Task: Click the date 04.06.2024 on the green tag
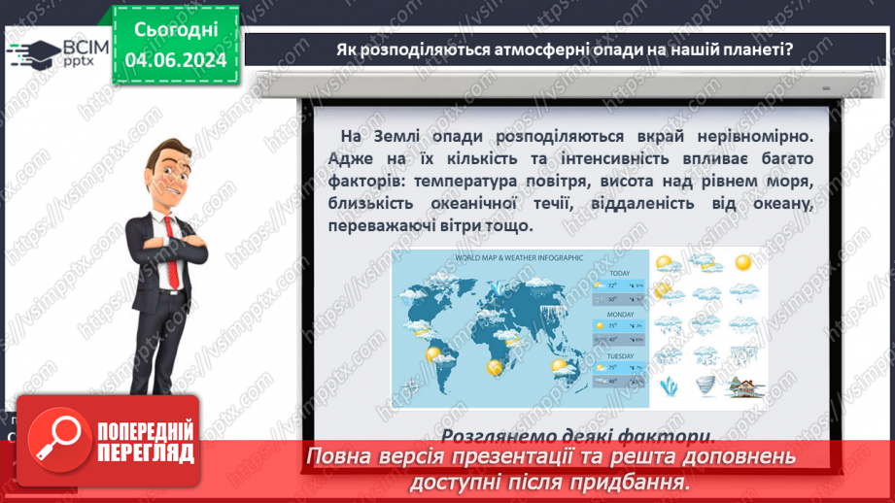click(176, 60)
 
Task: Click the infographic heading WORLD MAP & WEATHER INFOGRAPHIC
click(519, 257)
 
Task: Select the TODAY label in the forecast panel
click(620, 273)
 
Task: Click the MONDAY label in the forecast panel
click(621, 315)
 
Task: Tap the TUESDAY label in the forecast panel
click(621, 356)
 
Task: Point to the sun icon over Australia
click(559, 365)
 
